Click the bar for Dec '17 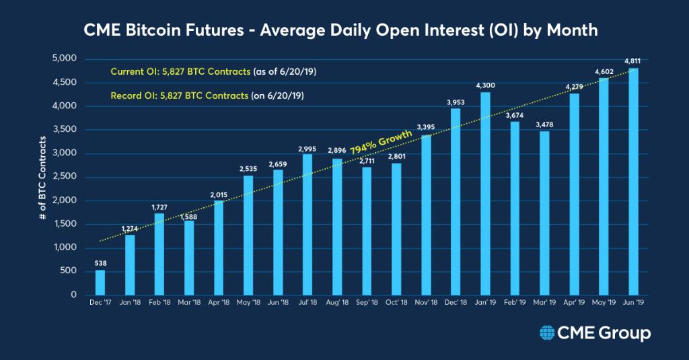pyautogui.click(x=100, y=282)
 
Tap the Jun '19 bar pyautogui.click(x=633, y=182)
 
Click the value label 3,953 pyautogui.click(x=456, y=102)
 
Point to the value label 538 pyautogui.click(x=100, y=264)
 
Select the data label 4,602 pyautogui.click(x=604, y=72)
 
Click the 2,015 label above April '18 pyautogui.click(x=219, y=194)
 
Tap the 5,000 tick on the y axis pyautogui.click(x=65, y=59)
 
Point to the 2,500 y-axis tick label pyautogui.click(x=65, y=177)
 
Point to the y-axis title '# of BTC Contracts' pyautogui.click(x=42, y=177)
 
